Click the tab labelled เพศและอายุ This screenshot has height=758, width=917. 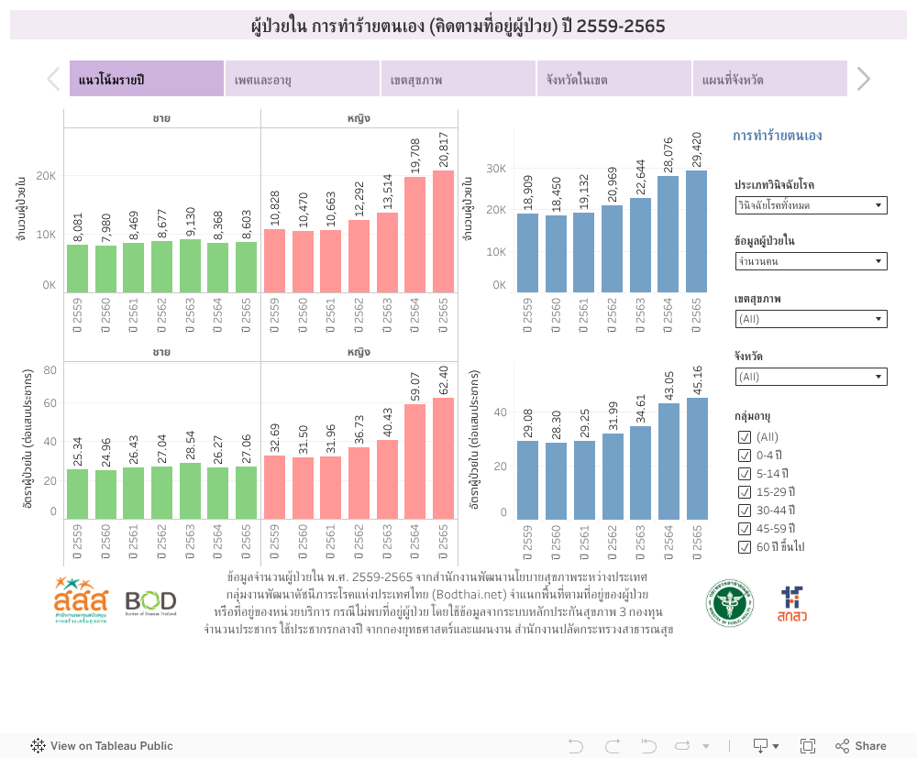click(302, 79)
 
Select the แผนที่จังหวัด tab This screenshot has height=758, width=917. click(768, 79)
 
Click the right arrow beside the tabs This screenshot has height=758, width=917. click(863, 79)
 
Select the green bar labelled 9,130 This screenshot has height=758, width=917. click(190, 266)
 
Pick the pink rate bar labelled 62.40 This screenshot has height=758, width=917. click(443, 457)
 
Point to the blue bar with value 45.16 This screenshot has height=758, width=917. click(696, 458)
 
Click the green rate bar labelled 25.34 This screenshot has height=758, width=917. click(77, 494)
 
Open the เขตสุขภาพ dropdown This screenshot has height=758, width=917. click(811, 319)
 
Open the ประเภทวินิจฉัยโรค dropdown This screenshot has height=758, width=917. click(811, 205)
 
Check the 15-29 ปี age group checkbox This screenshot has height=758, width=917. click(745, 492)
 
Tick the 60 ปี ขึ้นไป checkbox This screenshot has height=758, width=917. click(745, 547)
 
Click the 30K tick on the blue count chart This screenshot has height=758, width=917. click(496, 169)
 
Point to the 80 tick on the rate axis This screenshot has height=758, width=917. click(50, 370)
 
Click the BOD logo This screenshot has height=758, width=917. click(150, 602)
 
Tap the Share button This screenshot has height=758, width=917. click(860, 746)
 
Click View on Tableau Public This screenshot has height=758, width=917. click(102, 746)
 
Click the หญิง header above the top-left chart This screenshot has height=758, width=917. click(359, 118)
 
